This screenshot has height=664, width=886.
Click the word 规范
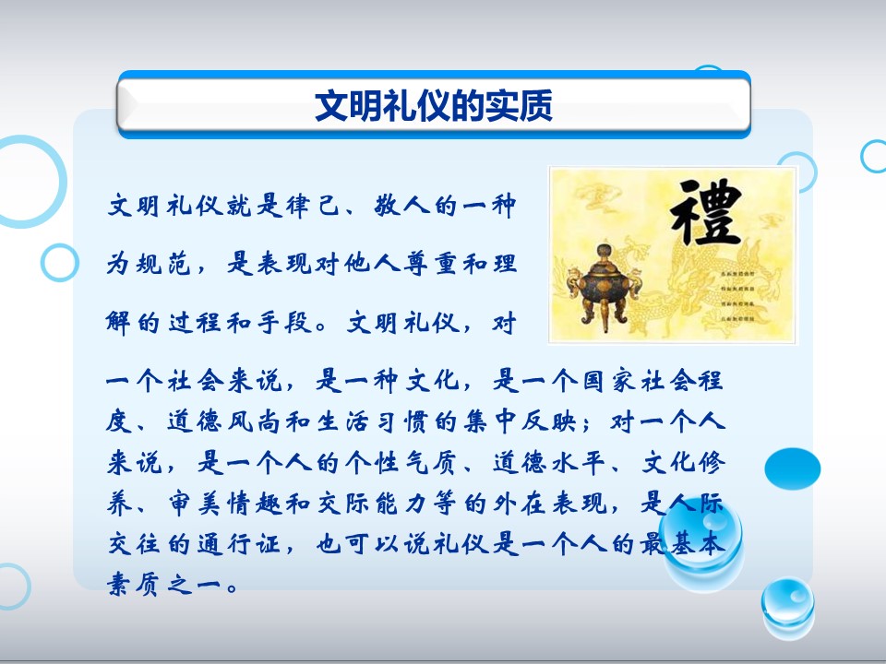tap(163, 264)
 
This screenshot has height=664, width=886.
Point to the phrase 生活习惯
tap(380, 421)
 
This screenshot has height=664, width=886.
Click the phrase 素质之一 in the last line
tap(163, 585)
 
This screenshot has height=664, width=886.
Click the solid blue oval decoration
tap(792, 468)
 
